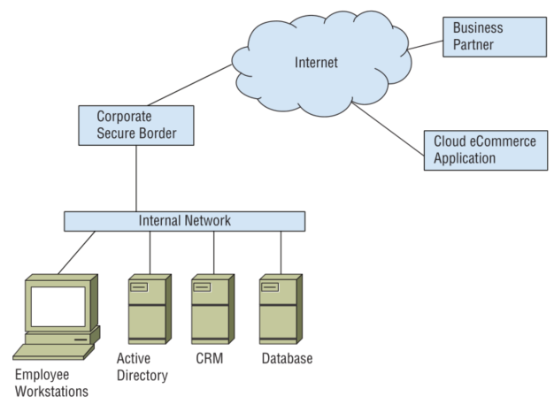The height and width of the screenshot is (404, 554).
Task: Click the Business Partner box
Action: (x=494, y=37)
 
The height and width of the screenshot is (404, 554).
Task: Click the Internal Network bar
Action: (x=185, y=221)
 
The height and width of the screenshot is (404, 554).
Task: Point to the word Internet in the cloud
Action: (x=316, y=63)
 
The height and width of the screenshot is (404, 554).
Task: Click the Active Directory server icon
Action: (x=146, y=309)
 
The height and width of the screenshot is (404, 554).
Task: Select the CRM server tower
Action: (x=213, y=309)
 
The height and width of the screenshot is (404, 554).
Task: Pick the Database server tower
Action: (x=281, y=309)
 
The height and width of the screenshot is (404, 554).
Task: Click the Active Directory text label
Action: (x=142, y=367)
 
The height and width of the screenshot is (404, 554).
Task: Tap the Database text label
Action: (x=287, y=359)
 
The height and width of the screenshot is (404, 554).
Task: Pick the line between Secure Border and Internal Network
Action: (x=135, y=177)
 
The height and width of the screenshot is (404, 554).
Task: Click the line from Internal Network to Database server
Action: (x=281, y=252)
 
